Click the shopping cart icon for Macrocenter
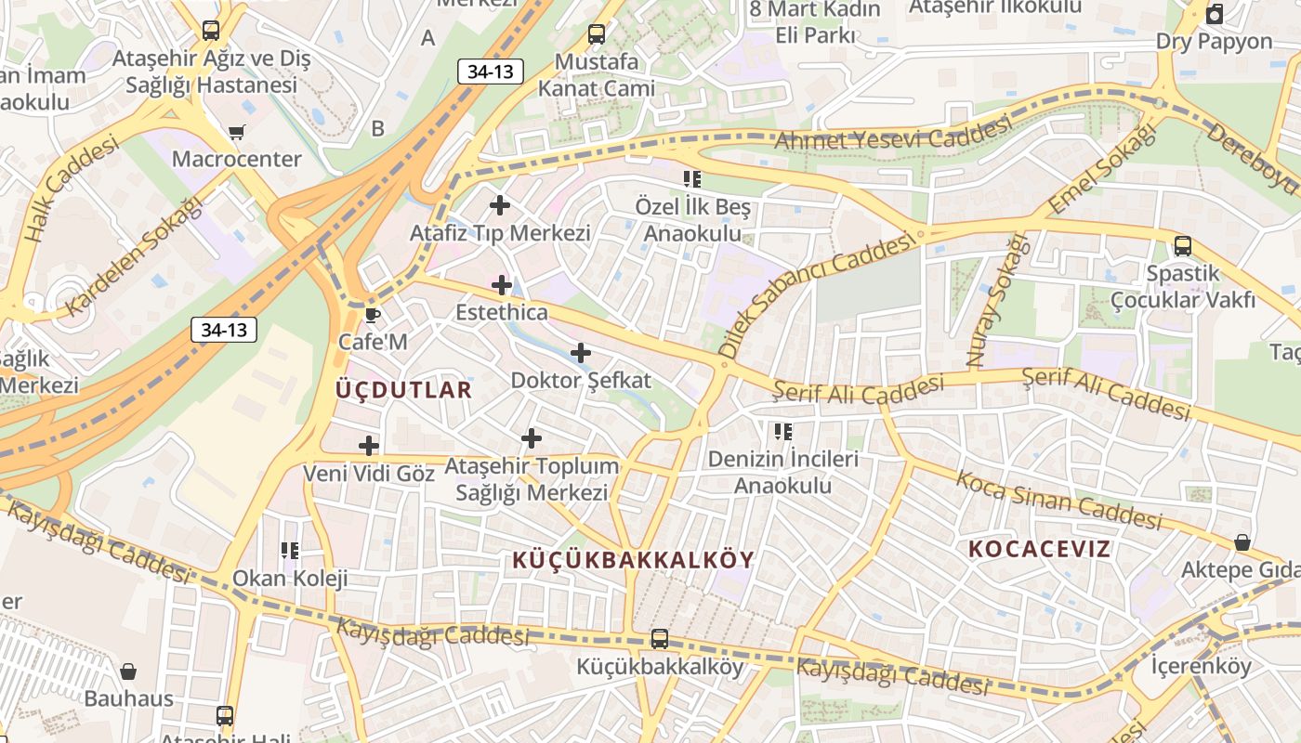[x=237, y=132]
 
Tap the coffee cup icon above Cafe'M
[x=373, y=314]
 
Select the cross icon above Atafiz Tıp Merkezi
[x=500, y=205]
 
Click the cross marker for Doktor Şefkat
[x=581, y=353]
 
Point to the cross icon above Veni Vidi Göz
[x=369, y=446]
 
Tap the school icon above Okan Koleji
[x=290, y=551]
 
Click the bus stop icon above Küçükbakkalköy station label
[x=660, y=639]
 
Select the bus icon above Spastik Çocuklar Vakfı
[x=1182, y=246]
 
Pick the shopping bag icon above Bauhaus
[x=128, y=671]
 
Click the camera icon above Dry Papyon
[x=1214, y=14]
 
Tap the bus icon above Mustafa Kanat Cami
[x=596, y=34]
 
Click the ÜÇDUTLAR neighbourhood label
[x=403, y=390]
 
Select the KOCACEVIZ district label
[x=1039, y=549]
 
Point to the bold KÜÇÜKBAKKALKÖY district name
[x=634, y=560]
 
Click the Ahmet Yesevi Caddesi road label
[x=891, y=136]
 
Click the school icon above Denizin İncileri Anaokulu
[x=783, y=431]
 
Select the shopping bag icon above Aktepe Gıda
[x=1242, y=542]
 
